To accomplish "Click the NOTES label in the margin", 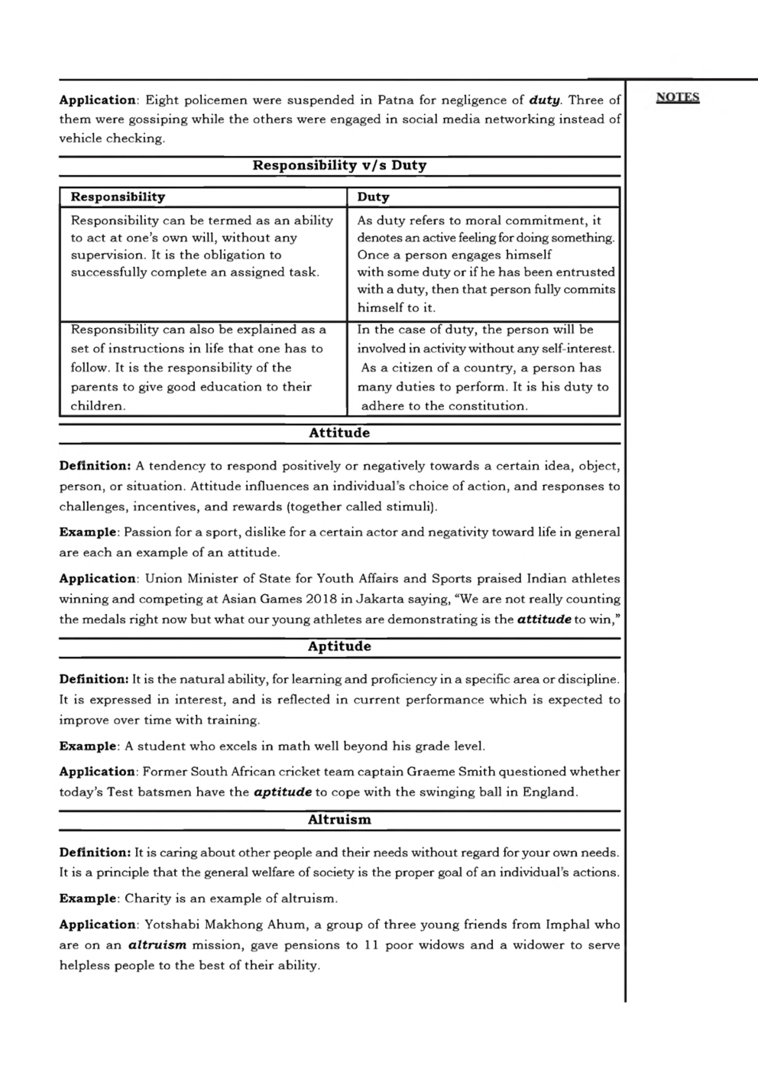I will point(678,97).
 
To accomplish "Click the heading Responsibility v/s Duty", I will point(339,165).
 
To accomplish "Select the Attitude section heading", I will point(339,433).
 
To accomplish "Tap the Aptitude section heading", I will point(339,646).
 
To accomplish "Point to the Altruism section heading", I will point(339,820).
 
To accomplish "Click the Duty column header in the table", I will point(373,197).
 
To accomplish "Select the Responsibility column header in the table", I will point(118,197).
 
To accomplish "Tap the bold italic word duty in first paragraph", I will point(545,100).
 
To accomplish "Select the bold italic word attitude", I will point(544,619).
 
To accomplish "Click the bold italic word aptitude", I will point(282,792).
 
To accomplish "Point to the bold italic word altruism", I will point(157,945).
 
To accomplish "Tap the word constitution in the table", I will point(484,406).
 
